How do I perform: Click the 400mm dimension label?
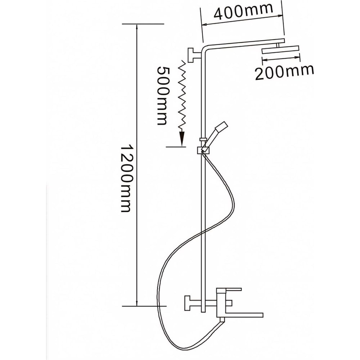click(x=243, y=11)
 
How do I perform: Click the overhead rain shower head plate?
click(x=280, y=50)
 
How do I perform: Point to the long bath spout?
click(x=244, y=314)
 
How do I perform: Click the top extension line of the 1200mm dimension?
click(x=143, y=24)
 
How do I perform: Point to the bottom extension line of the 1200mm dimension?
click(x=144, y=306)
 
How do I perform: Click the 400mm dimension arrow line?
click(x=242, y=20)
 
